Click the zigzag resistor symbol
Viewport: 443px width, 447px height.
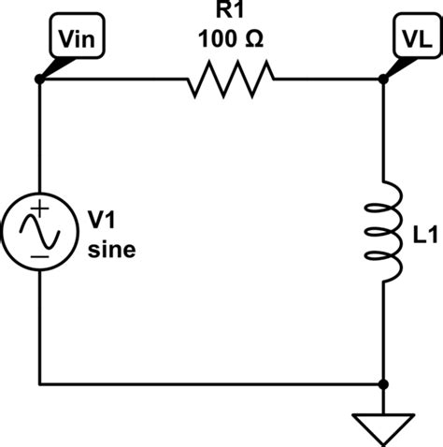(x=231, y=80)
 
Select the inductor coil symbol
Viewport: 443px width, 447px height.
(x=389, y=231)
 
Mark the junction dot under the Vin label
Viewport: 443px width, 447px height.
(x=39, y=80)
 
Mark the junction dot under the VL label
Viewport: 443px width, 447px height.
(x=384, y=80)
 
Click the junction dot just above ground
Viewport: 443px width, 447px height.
(x=384, y=383)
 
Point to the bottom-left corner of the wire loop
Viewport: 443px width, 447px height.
(x=39, y=383)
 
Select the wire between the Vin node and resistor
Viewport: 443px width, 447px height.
(x=112, y=80)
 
